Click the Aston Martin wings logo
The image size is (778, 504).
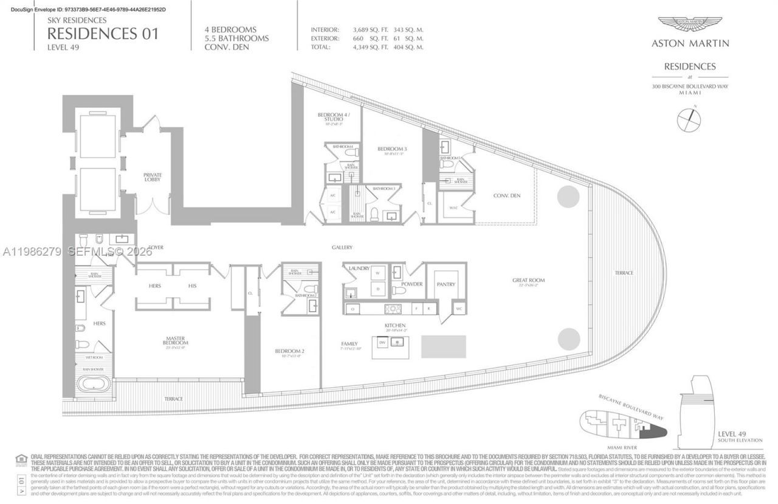tap(690, 24)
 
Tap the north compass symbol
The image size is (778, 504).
tap(689, 119)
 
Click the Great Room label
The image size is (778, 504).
tap(528, 281)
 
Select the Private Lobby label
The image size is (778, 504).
tap(153, 176)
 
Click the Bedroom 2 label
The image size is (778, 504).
tap(285, 352)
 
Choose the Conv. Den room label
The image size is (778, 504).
tap(507, 195)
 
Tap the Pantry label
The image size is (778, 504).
tap(446, 284)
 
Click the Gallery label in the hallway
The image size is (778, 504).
tap(342, 247)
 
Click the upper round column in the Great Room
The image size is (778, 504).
tap(570, 196)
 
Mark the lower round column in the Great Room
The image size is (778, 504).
tap(570, 338)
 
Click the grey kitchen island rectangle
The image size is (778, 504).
tap(443, 346)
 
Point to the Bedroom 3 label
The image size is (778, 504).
tap(391, 150)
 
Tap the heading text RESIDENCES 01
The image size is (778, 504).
tap(103, 33)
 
